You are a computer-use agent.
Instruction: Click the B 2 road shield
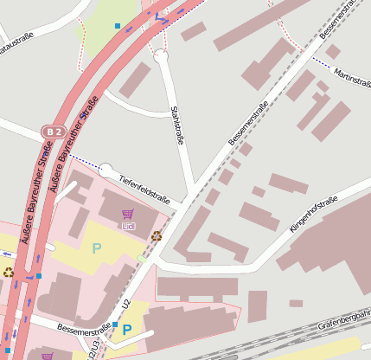coord(54,132)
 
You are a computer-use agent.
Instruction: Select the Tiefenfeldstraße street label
coord(146,189)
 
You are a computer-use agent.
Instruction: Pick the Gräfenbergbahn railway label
coord(344,325)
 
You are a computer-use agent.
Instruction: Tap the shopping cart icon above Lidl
coord(129,214)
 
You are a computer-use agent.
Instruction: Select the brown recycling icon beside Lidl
coord(157,235)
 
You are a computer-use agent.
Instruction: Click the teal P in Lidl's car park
coord(97,248)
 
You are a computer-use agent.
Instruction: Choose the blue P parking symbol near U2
coord(127,330)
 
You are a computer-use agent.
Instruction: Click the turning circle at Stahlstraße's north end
coord(160,56)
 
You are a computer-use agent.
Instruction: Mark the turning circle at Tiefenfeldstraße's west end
coord(106,170)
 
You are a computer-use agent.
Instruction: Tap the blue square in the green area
coord(118,26)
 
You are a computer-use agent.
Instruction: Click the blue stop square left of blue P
coord(114,325)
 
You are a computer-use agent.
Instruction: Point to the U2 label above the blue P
coord(126,305)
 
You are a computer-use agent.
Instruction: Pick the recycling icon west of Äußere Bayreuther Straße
coord(9,272)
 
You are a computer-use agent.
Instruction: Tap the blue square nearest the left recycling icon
coord(38,276)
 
